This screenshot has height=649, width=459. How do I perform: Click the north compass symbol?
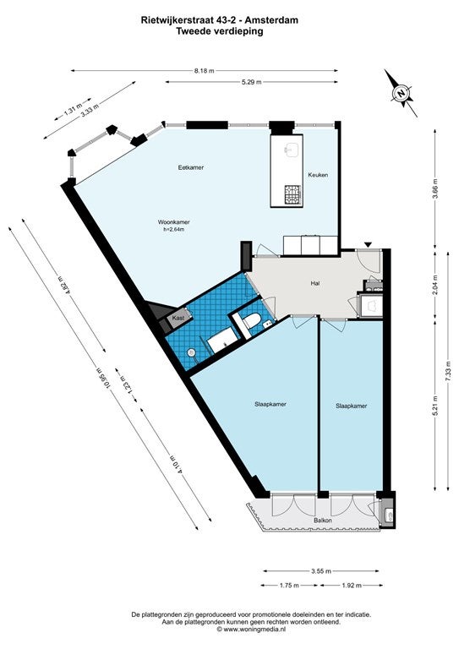[x=400, y=93]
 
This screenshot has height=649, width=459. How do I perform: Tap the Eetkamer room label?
[x=191, y=167]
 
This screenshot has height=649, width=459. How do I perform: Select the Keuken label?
[x=318, y=175]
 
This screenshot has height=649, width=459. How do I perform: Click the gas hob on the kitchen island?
[x=292, y=194]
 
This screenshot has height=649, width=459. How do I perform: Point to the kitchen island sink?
[x=292, y=150]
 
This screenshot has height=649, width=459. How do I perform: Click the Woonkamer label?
[x=174, y=222]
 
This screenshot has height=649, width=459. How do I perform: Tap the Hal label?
[x=315, y=284]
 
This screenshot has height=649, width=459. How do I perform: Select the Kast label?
[x=178, y=319]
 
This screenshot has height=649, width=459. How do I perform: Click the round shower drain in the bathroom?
[x=191, y=352]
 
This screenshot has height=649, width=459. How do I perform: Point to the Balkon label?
[x=323, y=521]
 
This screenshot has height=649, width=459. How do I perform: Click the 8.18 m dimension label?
[x=205, y=70]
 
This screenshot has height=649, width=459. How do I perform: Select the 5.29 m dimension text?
[x=252, y=82]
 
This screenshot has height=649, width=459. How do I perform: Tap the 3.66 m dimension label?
[x=434, y=188]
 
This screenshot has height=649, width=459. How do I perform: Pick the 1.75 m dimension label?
[x=289, y=586]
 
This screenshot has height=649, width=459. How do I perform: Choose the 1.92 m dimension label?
[x=352, y=586]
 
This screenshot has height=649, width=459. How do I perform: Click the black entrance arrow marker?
[x=369, y=245]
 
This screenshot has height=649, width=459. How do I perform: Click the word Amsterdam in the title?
[x=277, y=19]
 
